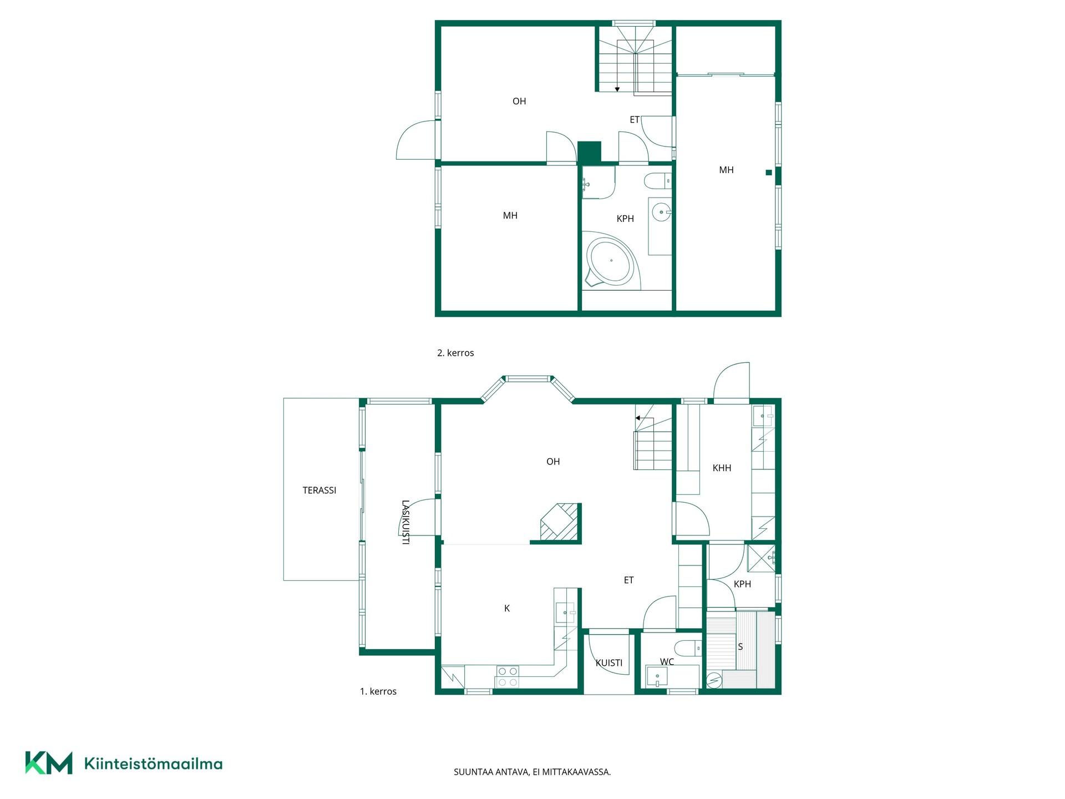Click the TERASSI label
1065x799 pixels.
pyautogui.click(x=319, y=490)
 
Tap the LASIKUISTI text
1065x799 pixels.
pyautogui.click(x=405, y=522)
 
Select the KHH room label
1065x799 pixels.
pyautogui.click(x=722, y=468)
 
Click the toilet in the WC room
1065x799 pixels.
pyautogui.click(x=688, y=648)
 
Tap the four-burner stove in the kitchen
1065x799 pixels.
pyautogui.click(x=508, y=676)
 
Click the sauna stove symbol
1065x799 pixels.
pyautogui.click(x=714, y=679)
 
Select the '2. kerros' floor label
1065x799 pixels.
pyautogui.click(x=455, y=353)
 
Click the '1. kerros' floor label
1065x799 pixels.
pyautogui.click(x=378, y=691)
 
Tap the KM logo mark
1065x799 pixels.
pyautogui.click(x=49, y=763)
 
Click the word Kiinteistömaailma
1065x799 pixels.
pyautogui.click(x=153, y=764)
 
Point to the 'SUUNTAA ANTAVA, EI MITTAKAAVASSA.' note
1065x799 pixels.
pyautogui.click(x=532, y=772)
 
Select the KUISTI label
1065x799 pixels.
pyautogui.click(x=609, y=663)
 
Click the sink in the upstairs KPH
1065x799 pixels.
pyautogui.click(x=661, y=212)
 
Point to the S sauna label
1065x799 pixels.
pyautogui.click(x=740, y=647)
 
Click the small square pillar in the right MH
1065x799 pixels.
pyautogui.click(x=769, y=173)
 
